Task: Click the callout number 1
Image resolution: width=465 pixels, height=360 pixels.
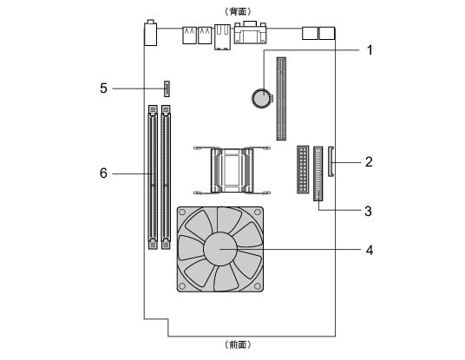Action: click(x=370, y=49)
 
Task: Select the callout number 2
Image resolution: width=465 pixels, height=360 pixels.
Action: click(x=369, y=162)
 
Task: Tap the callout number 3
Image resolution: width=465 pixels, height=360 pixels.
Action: click(x=368, y=211)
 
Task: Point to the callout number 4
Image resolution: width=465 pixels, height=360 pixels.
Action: click(x=370, y=250)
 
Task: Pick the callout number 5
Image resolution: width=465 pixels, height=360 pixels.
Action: click(x=103, y=88)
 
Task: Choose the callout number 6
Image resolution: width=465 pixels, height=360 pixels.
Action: click(x=103, y=173)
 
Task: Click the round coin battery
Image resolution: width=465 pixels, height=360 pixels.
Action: click(x=262, y=98)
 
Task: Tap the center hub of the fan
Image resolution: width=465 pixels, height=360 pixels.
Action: click(x=220, y=249)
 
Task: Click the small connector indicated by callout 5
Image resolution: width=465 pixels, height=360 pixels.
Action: click(x=167, y=88)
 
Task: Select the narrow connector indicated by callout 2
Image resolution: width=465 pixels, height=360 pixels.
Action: click(x=331, y=161)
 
